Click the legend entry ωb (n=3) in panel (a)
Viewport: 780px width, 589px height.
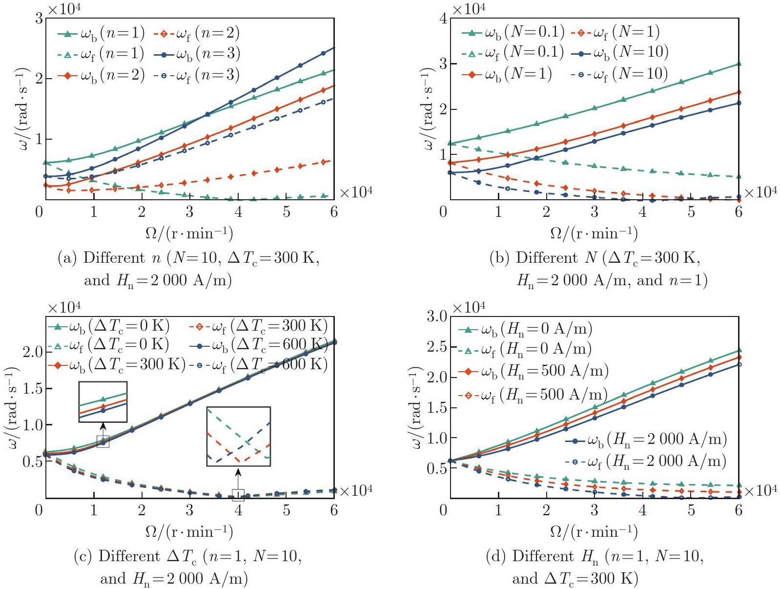pyautogui.click(x=197, y=54)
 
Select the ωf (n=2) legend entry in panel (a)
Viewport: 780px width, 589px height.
pyautogui.click(x=197, y=33)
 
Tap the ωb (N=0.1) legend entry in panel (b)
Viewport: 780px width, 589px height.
pyautogui.click(x=513, y=32)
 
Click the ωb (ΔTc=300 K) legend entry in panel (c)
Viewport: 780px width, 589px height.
pyautogui.click(x=117, y=364)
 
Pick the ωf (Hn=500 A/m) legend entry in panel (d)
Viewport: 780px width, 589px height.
pyautogui.click(x=534, y=395)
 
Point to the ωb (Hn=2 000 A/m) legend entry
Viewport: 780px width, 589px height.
pyautogui.click(x=646, y=440)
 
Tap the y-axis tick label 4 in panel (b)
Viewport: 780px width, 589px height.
pyautogui.click(x=443, y=19)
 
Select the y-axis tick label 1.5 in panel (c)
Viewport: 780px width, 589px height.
pyautogui.click(x=33, y=388)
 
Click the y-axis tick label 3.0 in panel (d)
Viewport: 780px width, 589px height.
pyautogui.click(x=437, y=316)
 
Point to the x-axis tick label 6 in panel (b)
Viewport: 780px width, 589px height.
pyautogui.click(x=739, y=212)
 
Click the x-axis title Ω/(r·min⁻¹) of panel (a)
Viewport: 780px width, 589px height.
pyautogui.click(x=189, y=233)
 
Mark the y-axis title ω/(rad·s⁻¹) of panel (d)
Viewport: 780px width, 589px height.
pyautogui.click(x=416, y=407)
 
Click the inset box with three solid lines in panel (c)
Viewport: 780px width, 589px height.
pyautogui.click(x=103, y=401)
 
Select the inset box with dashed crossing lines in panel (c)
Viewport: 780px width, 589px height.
pyautogui.click(x=238, y=436)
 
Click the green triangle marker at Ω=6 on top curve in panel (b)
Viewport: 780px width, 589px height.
pyautogui.click(x=739, y=63)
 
